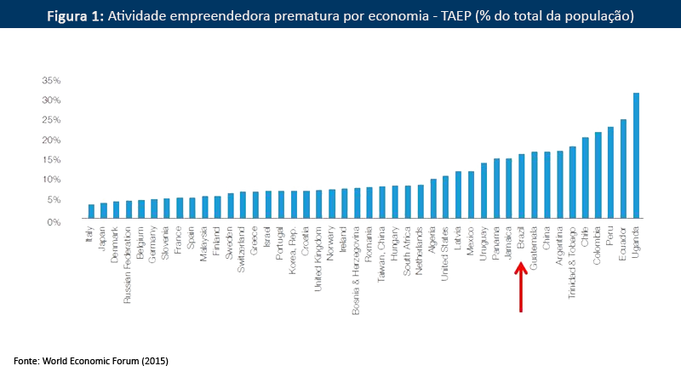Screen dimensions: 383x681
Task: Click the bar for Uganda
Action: [x=636, y=157]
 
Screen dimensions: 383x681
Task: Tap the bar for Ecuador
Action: [x=623, y=170]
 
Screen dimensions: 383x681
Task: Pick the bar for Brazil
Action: [x=522, y=188]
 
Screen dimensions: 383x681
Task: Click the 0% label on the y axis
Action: [x=54, y=221]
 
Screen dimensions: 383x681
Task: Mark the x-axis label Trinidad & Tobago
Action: [x=573, y=260]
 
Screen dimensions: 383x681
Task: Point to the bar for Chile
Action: [x=586, y=180]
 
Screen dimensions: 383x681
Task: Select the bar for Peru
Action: [x=610, y=174]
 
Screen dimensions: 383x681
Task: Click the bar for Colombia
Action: [x=598, y=177]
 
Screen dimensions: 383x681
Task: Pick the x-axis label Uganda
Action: [x=636, y=241]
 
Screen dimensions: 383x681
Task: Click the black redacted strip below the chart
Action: [x=89, y=363]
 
